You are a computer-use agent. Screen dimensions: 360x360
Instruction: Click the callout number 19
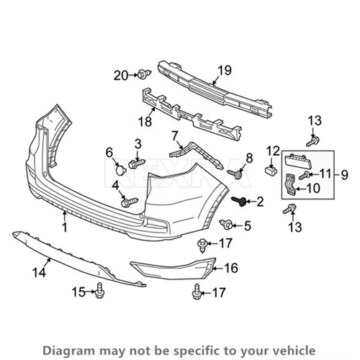225,71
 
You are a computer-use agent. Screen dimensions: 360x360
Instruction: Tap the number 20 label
121,76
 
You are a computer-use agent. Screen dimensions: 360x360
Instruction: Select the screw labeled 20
145,74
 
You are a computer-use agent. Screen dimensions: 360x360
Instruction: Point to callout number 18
145,122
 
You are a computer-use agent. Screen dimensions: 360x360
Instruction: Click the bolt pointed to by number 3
137,163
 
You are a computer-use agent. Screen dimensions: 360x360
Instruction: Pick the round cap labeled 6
121,170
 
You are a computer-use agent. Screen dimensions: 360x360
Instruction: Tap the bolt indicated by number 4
130,202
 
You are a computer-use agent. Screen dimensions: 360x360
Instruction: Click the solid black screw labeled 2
238,201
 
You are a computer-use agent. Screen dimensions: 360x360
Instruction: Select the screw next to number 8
235,174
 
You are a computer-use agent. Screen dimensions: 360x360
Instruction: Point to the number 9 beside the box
344,175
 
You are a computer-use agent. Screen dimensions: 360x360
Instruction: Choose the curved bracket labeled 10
291,184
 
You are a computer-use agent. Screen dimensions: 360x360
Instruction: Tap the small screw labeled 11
304,175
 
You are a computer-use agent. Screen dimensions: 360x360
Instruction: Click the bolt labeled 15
99,291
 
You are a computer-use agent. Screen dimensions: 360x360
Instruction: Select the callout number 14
39,273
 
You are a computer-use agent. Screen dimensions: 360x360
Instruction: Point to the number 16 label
231,268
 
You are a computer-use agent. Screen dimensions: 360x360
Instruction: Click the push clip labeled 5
226,225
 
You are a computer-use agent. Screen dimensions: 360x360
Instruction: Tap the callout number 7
174,136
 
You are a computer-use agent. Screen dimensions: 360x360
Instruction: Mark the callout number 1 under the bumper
65,227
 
